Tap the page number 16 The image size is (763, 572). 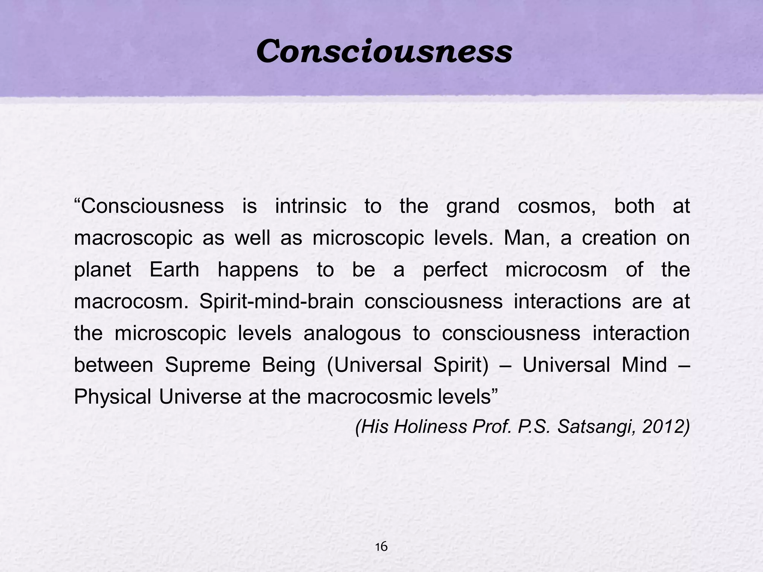[381, 547]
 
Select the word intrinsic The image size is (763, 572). [311, 206]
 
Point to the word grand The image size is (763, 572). [473, 207]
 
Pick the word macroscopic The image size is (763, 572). [133, 238]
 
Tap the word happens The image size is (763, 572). [258, 270]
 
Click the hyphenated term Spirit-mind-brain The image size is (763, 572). [276, 301]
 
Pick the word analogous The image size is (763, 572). [352, 333]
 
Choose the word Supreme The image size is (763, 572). [208, 365]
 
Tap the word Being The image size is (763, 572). [288, 365]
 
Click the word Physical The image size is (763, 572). [112, 397]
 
